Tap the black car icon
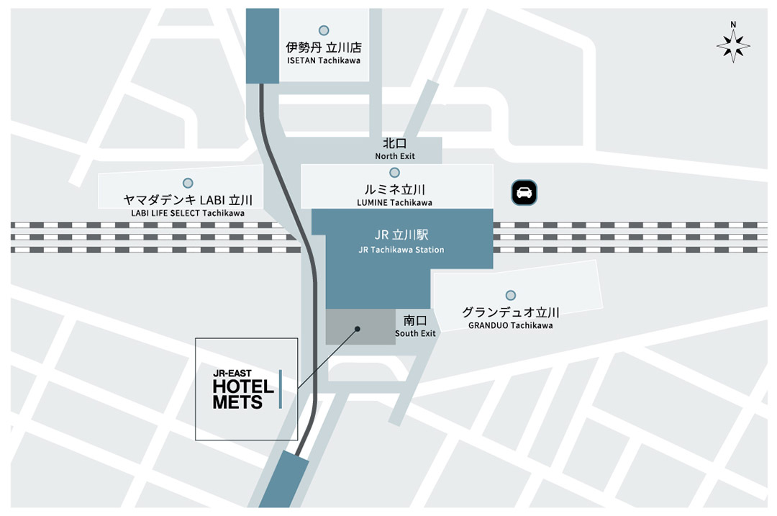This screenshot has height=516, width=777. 524,192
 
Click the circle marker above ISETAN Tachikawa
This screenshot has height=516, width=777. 324,30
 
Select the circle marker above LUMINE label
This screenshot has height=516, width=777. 394,173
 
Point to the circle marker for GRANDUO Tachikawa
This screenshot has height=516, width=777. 510,295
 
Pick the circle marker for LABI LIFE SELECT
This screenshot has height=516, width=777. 188,183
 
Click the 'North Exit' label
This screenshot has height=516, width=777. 394,156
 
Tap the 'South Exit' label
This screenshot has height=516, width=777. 415,333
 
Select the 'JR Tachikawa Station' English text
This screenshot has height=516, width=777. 401,250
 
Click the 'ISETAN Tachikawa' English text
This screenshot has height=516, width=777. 324,60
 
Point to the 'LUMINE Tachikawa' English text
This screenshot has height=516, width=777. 394,202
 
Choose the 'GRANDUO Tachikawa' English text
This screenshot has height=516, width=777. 510,325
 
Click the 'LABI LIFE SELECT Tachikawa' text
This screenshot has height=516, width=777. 188,213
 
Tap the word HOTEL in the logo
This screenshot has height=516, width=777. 243,386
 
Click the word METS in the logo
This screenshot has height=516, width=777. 237,402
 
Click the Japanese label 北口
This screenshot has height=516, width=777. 394,144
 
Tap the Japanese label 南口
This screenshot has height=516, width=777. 415,320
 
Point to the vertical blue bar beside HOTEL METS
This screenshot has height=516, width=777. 280,389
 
